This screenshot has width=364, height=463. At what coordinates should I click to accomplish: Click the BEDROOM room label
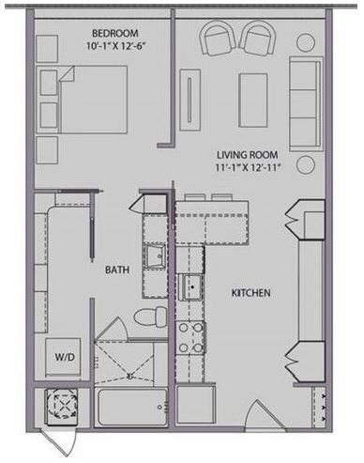115,33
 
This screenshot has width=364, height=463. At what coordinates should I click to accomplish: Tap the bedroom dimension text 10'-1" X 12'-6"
116,46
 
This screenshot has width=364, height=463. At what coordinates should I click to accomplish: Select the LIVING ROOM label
248,155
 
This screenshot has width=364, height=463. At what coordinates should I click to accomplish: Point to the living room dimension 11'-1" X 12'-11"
247,168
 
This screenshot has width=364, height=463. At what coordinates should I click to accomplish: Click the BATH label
117,270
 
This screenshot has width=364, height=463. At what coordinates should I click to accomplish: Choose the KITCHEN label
250,293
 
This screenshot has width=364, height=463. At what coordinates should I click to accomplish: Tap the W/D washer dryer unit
64,357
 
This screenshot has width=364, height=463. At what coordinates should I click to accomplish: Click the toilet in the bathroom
151,316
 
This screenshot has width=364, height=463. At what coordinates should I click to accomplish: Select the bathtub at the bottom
131,407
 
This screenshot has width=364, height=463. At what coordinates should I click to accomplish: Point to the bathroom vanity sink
154,257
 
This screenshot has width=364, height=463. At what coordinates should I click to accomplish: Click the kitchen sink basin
191,287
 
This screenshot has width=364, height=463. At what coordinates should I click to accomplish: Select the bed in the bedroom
82,100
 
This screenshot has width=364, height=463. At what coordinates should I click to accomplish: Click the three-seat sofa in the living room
306,104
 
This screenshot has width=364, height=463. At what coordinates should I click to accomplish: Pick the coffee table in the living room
253,100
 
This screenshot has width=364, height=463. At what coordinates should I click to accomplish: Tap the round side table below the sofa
306,165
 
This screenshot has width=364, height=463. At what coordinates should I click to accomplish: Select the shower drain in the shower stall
130,376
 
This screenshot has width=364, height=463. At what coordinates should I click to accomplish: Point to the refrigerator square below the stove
196,405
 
